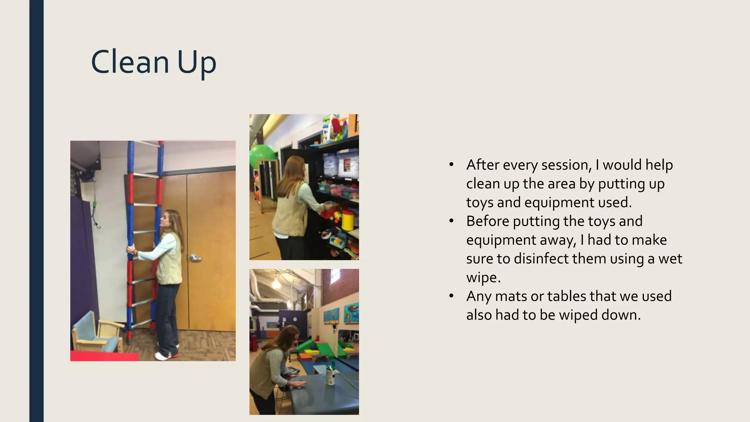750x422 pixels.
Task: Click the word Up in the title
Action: click(197, 63)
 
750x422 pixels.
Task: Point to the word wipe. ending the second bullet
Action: click(483, 277)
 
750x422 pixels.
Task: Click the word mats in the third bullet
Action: click(511, 296)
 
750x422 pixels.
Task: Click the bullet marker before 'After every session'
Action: click(451, 165)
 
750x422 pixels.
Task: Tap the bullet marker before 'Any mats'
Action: click(451, 296)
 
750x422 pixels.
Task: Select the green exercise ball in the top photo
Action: click(259, 156)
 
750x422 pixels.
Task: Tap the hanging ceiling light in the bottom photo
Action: click(276, 282)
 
